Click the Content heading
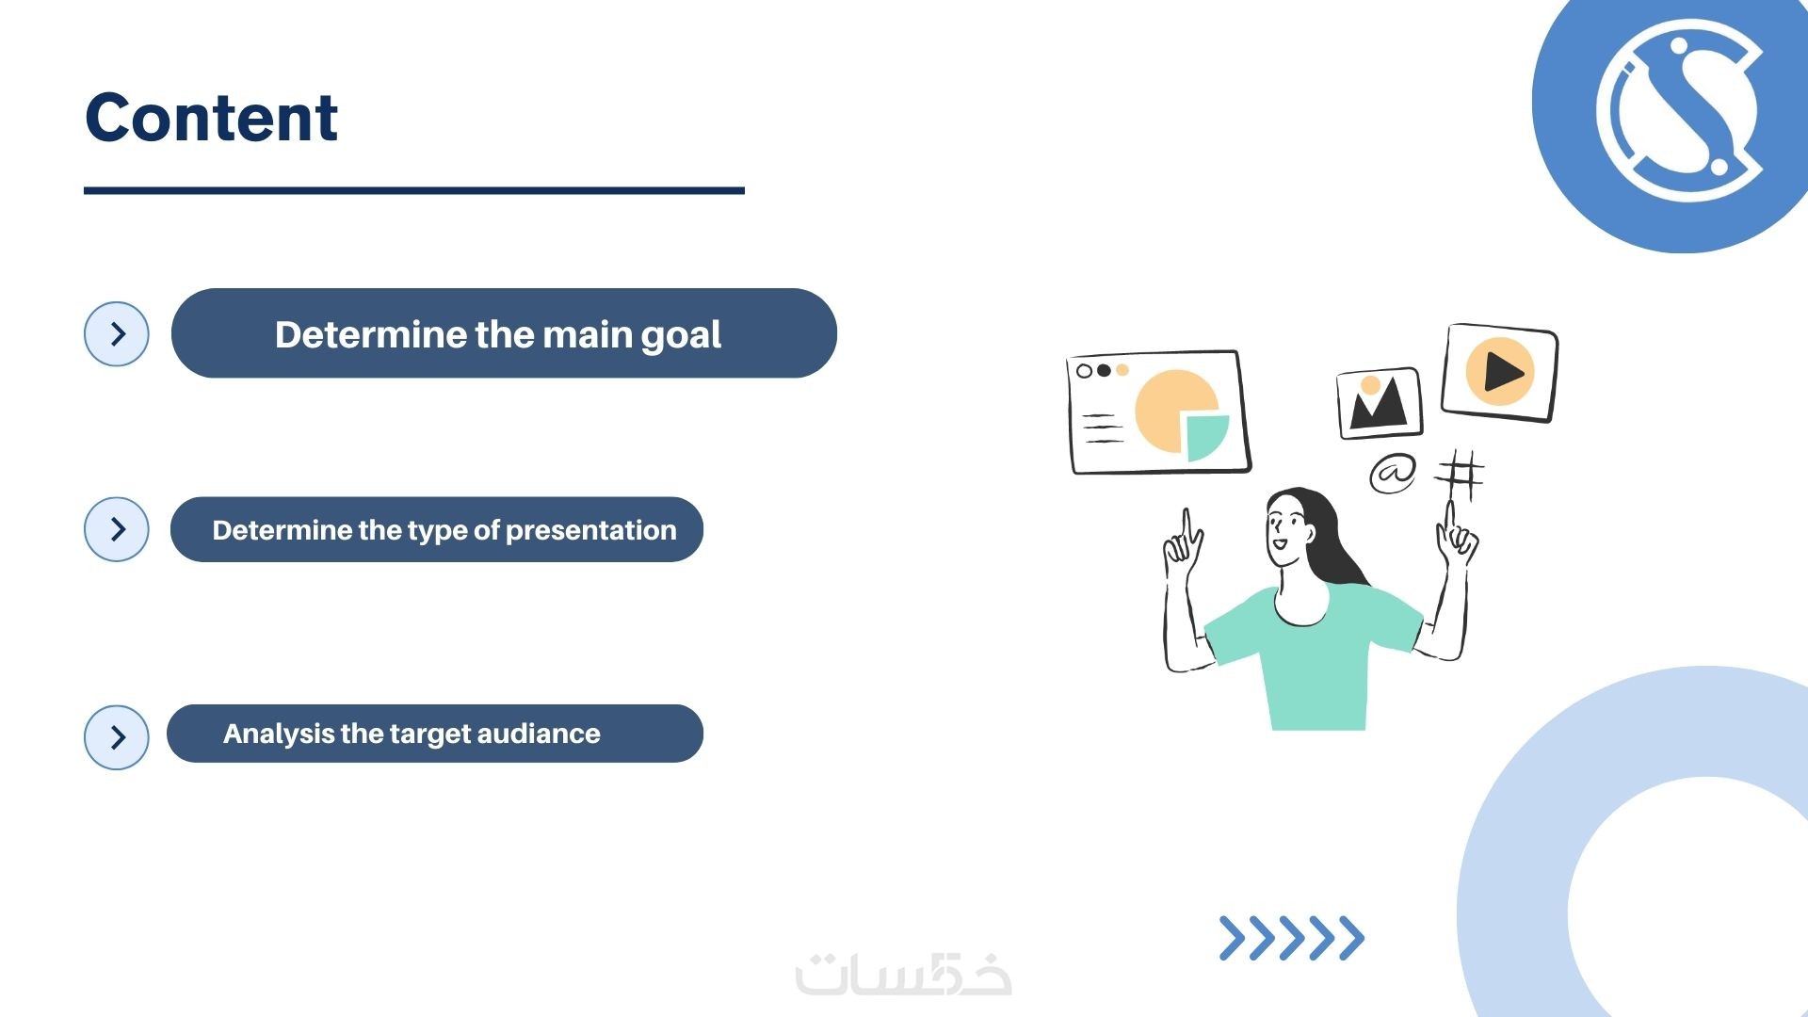coord(212,118)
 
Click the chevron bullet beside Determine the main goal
coord(117,334)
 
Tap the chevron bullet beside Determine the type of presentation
coord(117,529)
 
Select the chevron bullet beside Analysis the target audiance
coord(117,737)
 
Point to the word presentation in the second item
coord(590,531)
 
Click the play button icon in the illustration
coord(1500,371)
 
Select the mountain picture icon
coord(1380,403)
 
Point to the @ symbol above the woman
coord(1393,473)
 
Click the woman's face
coord(1284,529)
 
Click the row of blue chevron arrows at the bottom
coord(1292,938)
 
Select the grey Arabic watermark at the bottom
coord(904,975)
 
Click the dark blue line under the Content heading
coord(414,190)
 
